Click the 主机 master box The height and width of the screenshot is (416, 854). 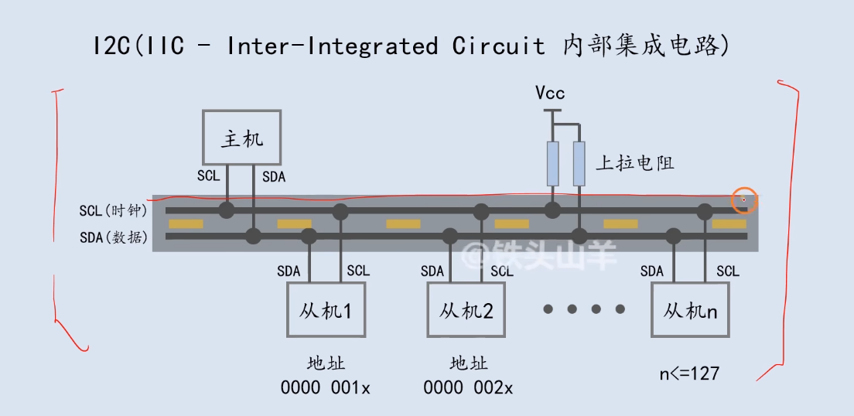242,138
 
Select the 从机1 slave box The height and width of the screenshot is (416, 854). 325,310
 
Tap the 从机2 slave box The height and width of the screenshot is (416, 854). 466,310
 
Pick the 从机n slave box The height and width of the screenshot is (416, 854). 690,310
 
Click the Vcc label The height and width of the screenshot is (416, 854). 550,94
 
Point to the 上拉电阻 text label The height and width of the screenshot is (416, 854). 635,163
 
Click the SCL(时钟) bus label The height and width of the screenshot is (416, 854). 114,210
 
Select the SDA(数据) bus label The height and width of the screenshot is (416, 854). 114,237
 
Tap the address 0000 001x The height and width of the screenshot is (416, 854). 325,387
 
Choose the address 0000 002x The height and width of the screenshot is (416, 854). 466,387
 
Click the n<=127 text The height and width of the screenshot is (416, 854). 689,374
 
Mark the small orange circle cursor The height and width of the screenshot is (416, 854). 744,200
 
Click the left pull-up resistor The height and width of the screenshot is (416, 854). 552,164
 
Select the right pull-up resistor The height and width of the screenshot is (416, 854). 579,164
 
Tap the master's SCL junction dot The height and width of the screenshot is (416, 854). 227,210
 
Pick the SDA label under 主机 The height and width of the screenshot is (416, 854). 273,177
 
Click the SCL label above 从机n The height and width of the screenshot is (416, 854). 728,271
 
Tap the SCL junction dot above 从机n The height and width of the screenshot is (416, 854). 705,210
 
